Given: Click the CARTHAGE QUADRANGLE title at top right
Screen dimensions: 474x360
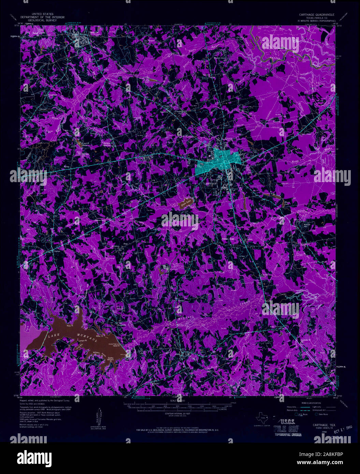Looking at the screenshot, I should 316,15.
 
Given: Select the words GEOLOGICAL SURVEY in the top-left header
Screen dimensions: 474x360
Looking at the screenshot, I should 43,20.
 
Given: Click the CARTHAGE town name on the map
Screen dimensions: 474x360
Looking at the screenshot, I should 210,183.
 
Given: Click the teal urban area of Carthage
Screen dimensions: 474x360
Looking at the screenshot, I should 218,161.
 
